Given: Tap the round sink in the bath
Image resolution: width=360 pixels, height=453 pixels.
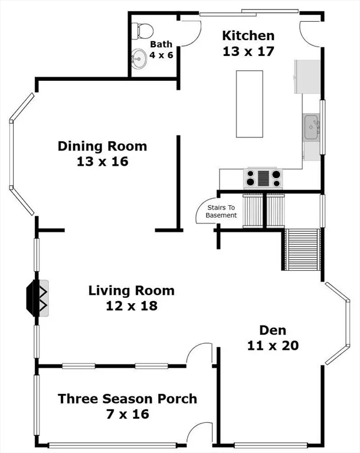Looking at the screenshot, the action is coord(139,59).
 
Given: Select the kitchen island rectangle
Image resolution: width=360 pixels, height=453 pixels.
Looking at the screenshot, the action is coord(250,104).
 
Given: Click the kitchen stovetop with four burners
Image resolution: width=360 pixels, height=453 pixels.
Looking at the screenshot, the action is coord(263,178).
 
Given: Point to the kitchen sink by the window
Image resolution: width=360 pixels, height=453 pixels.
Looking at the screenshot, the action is coord(311,127).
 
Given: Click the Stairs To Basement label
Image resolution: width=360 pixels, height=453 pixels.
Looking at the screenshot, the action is coord(221,212).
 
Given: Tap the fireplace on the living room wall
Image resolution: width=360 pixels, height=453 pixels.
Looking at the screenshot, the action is coord(37,298).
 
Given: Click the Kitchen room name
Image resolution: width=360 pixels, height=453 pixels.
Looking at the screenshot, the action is coord(248,35).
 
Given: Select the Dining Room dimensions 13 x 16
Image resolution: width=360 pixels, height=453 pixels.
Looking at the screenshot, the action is coord(103,162).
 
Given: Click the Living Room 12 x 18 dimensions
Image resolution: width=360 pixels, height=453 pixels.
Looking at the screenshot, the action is coord(132,306).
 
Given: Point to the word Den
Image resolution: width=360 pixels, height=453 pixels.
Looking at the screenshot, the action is coord(273,330).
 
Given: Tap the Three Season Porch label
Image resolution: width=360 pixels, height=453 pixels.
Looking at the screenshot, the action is coord(127,399).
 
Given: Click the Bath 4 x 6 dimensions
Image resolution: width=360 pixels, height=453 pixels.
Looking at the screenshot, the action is coord(161,55).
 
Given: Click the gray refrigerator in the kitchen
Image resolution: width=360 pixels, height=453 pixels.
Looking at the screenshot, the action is coord(307,77).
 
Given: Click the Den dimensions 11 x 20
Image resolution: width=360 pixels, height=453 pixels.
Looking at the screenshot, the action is coord(273,346).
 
